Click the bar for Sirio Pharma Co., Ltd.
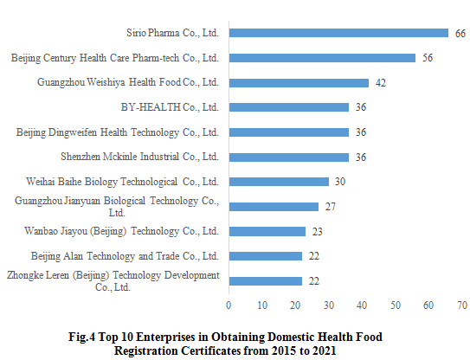coord(338,33)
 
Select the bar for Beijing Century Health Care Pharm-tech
coord(322,58)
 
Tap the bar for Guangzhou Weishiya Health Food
coord(299,83)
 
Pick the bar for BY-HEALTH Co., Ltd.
coord(288,107)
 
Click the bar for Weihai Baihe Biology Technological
coord(279,182)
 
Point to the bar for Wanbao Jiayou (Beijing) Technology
coord(267,231)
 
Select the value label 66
coord(460,33)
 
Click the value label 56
coord(427,58)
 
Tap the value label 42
coord(380,83)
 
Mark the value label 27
coord(330,207)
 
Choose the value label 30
coord(340,182)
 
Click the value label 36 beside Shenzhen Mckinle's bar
coord(360,157)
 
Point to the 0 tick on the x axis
coord(229,305)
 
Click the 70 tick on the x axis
coord(462,305)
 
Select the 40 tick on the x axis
coord(362,305)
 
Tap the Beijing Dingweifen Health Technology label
coord(119,132)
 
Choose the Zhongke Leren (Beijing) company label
coord(113,281)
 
